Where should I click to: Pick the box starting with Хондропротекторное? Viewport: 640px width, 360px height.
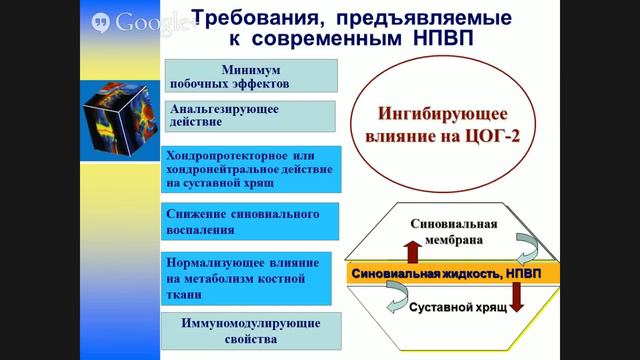(x=249, y=169)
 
